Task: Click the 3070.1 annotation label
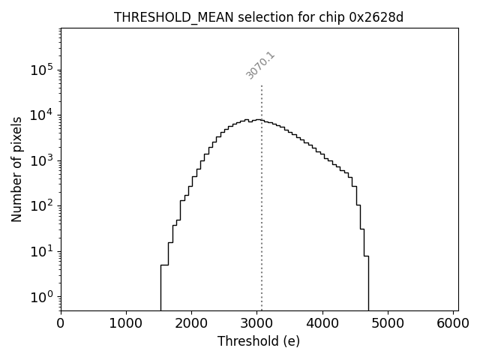pos(260,65)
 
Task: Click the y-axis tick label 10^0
pos(42,297)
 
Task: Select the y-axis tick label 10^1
pos(42,251)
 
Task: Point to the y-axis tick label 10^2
pos(42,205)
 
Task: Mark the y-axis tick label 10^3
pos(42,160)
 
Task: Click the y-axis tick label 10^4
pos(42,115)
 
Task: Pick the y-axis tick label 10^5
pos(42,70)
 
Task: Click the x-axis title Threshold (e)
pos(259,341)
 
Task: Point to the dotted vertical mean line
pos(261,225)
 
